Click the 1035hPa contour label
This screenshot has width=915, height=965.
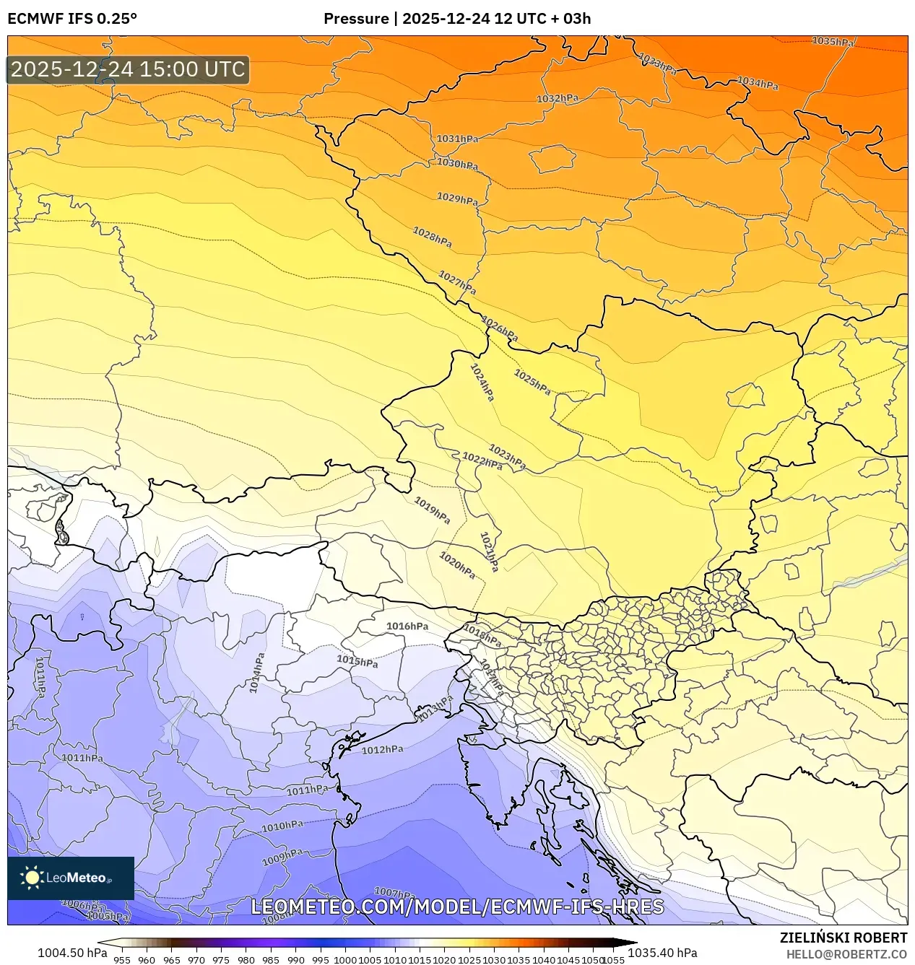point(832,42)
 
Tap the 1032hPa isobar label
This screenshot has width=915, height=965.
point(557,98)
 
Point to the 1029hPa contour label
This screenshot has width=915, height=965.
point(457,198)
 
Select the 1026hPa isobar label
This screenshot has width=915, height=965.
point(500,329)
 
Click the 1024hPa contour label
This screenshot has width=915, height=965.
point(482,383)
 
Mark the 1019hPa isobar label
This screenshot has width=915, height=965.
point(432,510)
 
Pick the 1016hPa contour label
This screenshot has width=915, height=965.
point(407,626)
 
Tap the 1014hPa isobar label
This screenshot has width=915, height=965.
point(257,673)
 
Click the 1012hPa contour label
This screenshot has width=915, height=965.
point(382,750)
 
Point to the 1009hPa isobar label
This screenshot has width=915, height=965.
point(282,857)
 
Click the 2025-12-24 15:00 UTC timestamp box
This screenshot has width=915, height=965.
point(128,69)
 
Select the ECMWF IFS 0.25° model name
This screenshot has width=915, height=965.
point(72,19)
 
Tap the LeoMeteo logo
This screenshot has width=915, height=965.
point(70,878)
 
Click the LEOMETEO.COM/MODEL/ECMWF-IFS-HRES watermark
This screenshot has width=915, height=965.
point(457,907)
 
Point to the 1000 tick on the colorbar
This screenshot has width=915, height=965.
point(345,960)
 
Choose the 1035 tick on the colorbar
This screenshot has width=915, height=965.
point(519,960)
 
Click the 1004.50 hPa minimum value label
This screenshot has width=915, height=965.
point(72,953)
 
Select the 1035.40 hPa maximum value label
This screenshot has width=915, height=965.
point(662,953)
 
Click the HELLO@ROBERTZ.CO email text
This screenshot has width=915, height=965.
point(846,954)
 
